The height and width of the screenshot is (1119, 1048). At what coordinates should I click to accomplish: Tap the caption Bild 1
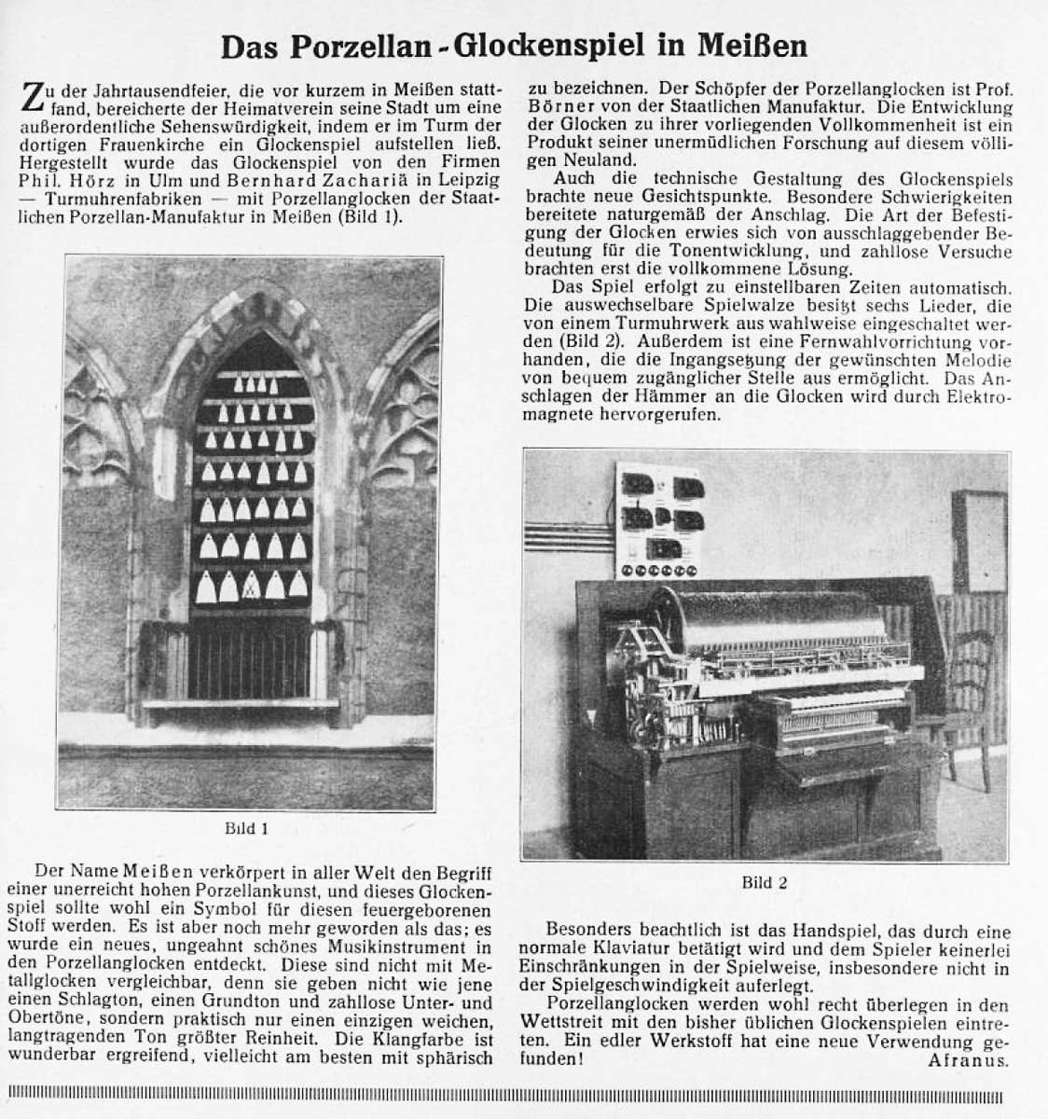pos(247,827)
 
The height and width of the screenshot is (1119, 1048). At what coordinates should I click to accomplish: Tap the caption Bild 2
pos(764,882)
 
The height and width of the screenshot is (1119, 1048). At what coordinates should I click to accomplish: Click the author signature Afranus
pos(969,1060)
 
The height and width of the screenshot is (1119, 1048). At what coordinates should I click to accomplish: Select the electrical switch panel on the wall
pos(660,521)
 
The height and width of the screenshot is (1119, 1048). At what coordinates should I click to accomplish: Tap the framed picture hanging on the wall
pos(979,541)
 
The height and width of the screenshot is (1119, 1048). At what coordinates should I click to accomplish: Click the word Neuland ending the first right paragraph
pos(565,160)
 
